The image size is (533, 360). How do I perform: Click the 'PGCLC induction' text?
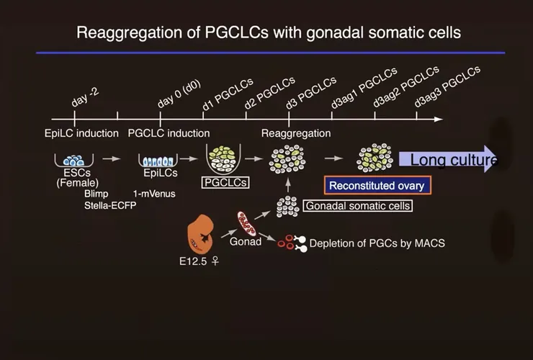pos(169,133)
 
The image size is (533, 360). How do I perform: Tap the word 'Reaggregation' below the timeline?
pos(296,133)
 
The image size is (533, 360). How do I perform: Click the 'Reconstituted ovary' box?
pos(377,185)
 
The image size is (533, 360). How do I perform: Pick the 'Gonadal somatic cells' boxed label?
pos(358,206)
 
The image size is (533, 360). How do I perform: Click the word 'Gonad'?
pos(245,241)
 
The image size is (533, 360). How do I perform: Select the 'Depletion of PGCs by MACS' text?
pos(377,243)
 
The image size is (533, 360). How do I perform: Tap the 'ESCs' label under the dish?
pos(72,174)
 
